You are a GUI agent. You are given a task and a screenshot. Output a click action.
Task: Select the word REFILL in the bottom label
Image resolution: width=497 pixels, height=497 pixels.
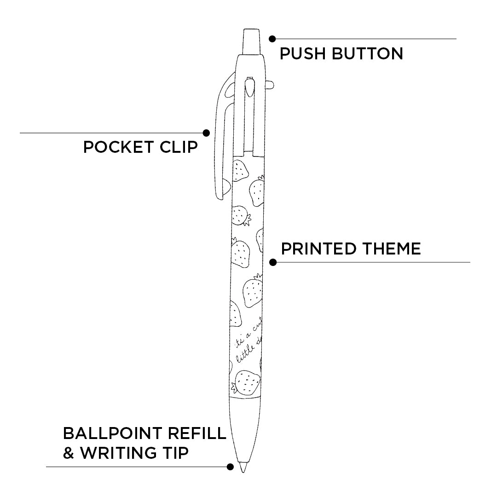(197, 433)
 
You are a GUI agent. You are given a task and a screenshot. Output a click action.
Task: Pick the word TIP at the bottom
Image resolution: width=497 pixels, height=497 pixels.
(175, 453)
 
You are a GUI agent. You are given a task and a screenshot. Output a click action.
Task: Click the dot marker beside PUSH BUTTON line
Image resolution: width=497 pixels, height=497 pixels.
(272, 39)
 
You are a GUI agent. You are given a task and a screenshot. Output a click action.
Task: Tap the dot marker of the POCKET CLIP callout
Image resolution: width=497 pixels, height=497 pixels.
(206, 133)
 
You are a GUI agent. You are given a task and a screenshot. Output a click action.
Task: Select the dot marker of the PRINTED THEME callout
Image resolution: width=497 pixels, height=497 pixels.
(273, 262)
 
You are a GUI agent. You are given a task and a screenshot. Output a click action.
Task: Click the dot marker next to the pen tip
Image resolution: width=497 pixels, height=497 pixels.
(231, 467)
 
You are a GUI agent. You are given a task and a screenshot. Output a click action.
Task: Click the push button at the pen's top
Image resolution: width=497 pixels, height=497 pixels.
(251, 42)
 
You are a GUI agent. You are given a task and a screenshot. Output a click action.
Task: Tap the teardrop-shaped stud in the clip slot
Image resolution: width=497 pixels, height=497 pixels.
(250, 86)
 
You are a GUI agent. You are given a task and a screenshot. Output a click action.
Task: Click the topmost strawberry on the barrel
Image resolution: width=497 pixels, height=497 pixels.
(240, 171)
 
